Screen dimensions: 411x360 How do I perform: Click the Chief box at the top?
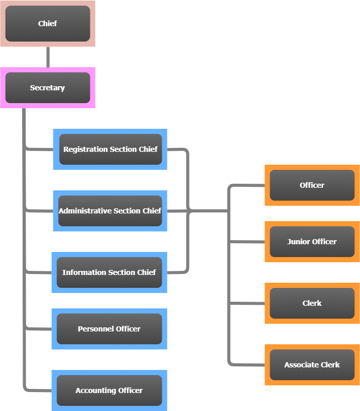47,24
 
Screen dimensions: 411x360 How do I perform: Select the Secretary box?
47,88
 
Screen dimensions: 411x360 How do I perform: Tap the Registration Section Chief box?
110,149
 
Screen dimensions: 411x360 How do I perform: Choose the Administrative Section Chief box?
110,211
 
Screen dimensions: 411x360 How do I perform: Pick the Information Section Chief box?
109,272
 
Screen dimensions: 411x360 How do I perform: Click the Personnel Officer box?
109,329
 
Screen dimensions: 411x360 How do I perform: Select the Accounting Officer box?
109,390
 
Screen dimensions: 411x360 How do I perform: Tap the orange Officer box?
312,185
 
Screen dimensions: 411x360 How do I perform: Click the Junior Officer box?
312,242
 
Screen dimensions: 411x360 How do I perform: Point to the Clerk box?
312,303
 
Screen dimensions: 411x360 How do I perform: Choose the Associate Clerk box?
312,365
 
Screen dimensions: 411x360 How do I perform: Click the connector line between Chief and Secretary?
48,57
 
